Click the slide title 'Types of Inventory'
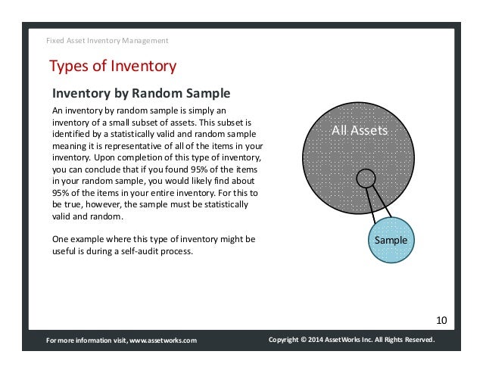click(x=113, y=67)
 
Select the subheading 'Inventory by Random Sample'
click(x=140, y=94)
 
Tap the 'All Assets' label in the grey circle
click(x=360, y=131)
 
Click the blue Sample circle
click(x=391, y=240)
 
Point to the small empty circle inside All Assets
click(x=366, y=179)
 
